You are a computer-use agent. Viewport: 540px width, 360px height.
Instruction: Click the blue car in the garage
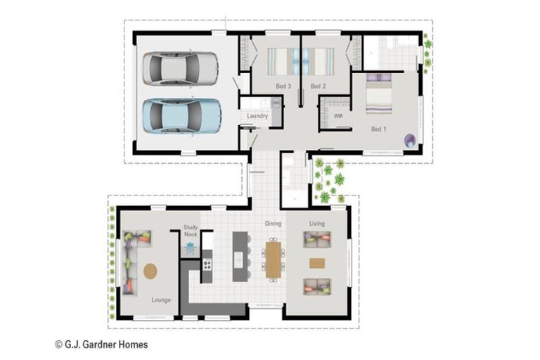pos(181,116)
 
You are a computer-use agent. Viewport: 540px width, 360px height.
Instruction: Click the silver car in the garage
pos(180,68)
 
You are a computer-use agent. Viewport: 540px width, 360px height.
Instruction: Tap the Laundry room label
pos(257,116)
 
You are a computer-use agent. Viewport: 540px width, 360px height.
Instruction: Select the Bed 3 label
pos(283,86)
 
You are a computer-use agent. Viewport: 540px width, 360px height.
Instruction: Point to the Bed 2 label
pos(318,86)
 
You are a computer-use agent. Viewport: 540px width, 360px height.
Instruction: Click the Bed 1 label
pos(378,129)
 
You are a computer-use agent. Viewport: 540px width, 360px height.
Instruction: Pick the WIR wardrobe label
pos(338,116)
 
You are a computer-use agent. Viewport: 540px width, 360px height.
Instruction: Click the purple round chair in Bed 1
pos(410,141)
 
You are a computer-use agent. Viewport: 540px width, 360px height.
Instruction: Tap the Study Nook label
pos(191,231)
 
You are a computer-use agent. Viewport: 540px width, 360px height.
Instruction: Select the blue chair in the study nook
pos(190,247)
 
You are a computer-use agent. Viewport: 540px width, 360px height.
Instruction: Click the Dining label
pos(273,224)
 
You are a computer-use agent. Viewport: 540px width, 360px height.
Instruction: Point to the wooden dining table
pos(273,259)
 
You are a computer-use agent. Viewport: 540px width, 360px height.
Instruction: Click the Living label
pos(317,224)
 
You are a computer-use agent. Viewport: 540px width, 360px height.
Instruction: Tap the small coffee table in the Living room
pos(317,264)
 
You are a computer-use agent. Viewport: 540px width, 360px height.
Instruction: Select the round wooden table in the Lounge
pos(150,271)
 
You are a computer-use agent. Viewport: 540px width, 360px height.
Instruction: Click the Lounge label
pos(161,300)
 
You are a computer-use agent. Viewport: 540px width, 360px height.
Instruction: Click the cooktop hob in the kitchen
pos(207,264)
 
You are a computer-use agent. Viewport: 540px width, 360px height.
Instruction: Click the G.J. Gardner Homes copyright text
pos(101,345)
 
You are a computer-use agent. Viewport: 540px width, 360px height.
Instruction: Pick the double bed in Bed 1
pos(379,94)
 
